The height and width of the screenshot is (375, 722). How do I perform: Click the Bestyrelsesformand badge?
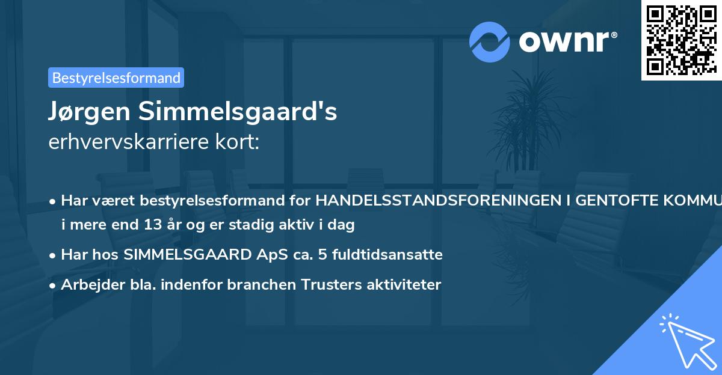(116, 78)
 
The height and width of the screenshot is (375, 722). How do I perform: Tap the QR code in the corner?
(681, 40)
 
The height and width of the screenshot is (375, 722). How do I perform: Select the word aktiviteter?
(404, 285)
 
